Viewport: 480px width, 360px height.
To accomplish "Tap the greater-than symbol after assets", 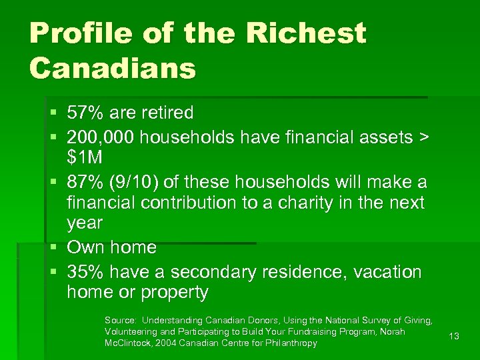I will pos(423,137).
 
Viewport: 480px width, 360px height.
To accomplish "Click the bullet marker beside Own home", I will pos(54,247).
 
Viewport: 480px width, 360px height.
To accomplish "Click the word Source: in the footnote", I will pos(121,321).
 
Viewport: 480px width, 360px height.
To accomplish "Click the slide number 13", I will pos(454,337).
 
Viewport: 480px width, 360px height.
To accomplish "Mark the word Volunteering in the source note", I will pos(131,332).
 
